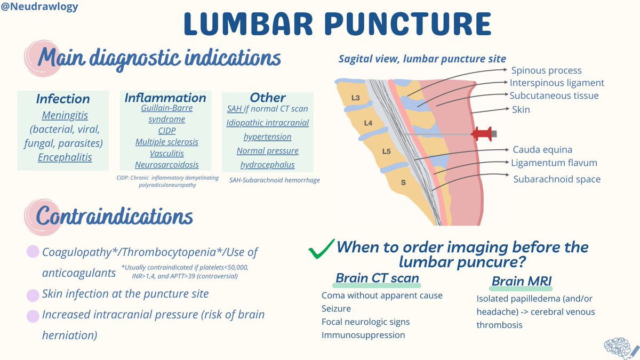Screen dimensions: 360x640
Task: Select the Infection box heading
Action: pyautogui.click(x=63, y=99)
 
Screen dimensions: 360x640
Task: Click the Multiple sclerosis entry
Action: pyautogui.click(x=166, y=142)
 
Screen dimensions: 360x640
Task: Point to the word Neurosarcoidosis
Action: pyautogui.click(x=166, y=164)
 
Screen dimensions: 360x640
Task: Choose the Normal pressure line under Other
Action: pyautogui.click(x=267, y=151)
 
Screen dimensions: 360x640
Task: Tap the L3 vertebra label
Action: pyautogui.click(x=356, y=98)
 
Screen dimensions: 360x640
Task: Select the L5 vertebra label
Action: pyautogui.click(x=386, y=151)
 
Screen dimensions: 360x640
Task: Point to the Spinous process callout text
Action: pyautogui.click(x=546, y=70)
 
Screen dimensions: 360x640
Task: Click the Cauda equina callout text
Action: pyautogui.click(x=542, y=150)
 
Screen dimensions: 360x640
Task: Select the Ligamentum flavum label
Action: pyautogui.click(x=554, y=163)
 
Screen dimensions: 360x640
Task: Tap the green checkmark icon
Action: pyautogui.click(x=322, y=248)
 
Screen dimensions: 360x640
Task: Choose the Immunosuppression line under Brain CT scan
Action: pyautogui.click(x=363, y=335)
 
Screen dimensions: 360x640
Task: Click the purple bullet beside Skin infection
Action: pyautogui.click(x=33, y=293)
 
